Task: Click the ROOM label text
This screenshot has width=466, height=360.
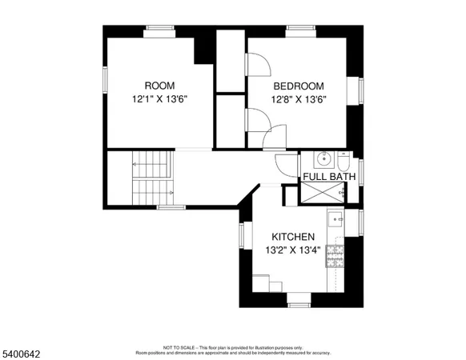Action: pyautogui.click(x=159, y=86)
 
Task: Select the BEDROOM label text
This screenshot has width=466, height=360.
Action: pyautogui.click(x=298, y=86)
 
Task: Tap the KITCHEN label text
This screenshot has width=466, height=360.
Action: pyautogui.click(x=292, y=237)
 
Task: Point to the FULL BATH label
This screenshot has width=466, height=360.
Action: pyautogui.click(x=329, y=176)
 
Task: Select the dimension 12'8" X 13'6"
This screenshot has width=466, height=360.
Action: pyautogui.click(x=298, y=99)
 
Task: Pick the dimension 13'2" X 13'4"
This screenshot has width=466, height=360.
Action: pyautogui.click(x=292, y=250)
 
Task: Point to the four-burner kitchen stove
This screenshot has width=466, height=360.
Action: pyautogui.click(x=336, y=256)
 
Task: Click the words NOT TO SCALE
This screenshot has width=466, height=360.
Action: pyautogui.click(x=178, y=347)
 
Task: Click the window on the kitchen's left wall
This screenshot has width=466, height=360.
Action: pyautogui.click(x=241, y=234)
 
